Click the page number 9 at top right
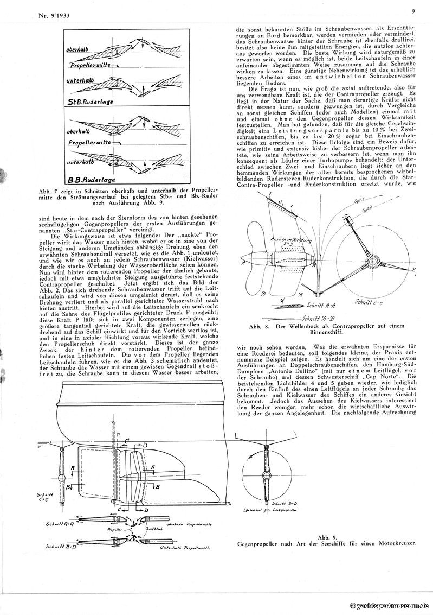click(x=413, y=10)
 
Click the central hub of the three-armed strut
click(x=372, y=262)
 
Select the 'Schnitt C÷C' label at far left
click(x=43, y=498)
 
